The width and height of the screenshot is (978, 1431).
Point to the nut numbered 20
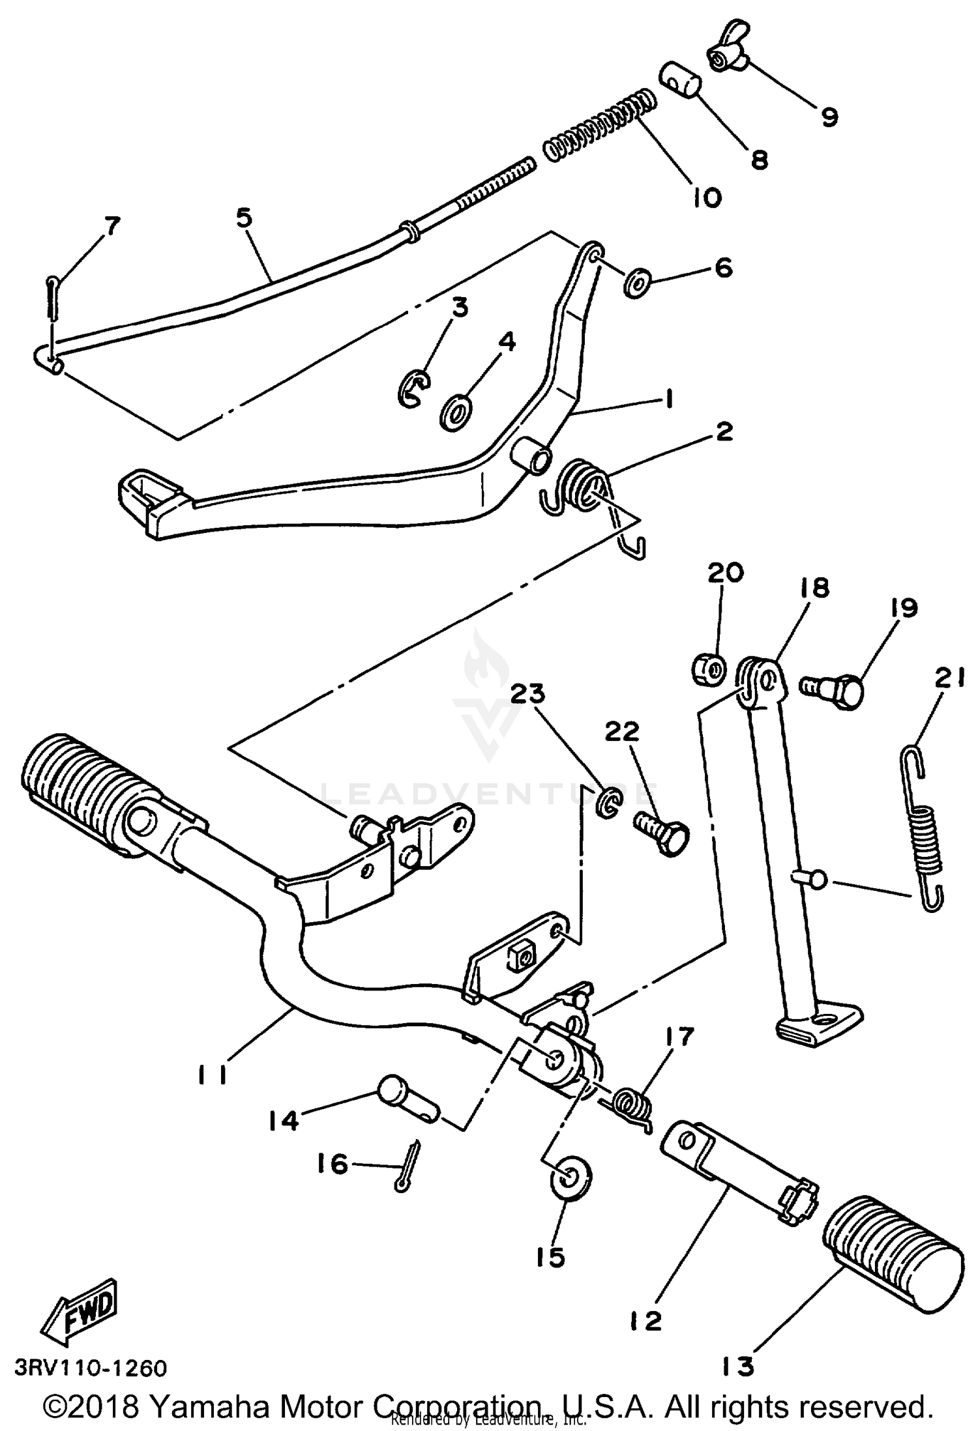coord(707,669)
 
